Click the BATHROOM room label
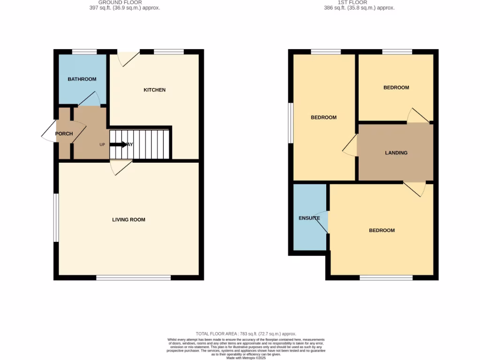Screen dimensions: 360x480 pyautogui.click(x=82, y=79)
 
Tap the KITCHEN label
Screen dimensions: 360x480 pyautogui.click(x=155, y=90)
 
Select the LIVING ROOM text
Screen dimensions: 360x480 pyautogui.click(x=128, y=219)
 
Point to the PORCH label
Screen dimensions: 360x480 pyautogui.click(x=64, y=134)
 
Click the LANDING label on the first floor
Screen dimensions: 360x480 pyautogui.click(x=396, y=153)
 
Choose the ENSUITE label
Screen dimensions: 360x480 pyautogui.click(x=309, y=218)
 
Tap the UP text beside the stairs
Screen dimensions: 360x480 pyautogui.click(x=102, y=144)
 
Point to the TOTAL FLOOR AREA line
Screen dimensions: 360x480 pyautogui.click(x=246, y=333)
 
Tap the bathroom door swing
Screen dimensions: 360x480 pyautogui.click(x=90, y=99)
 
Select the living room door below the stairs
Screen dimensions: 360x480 pyautogui.click(x=120, y=167)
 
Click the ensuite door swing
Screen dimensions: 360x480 pyautogui.click(x=323, y=222)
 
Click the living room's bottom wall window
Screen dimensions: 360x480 pyautogui.click(x=134, y=278)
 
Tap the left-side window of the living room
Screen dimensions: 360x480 pyautogui.click(x=56, y=218)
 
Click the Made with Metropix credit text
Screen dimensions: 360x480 pyautogui.click(x=246, y=358)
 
